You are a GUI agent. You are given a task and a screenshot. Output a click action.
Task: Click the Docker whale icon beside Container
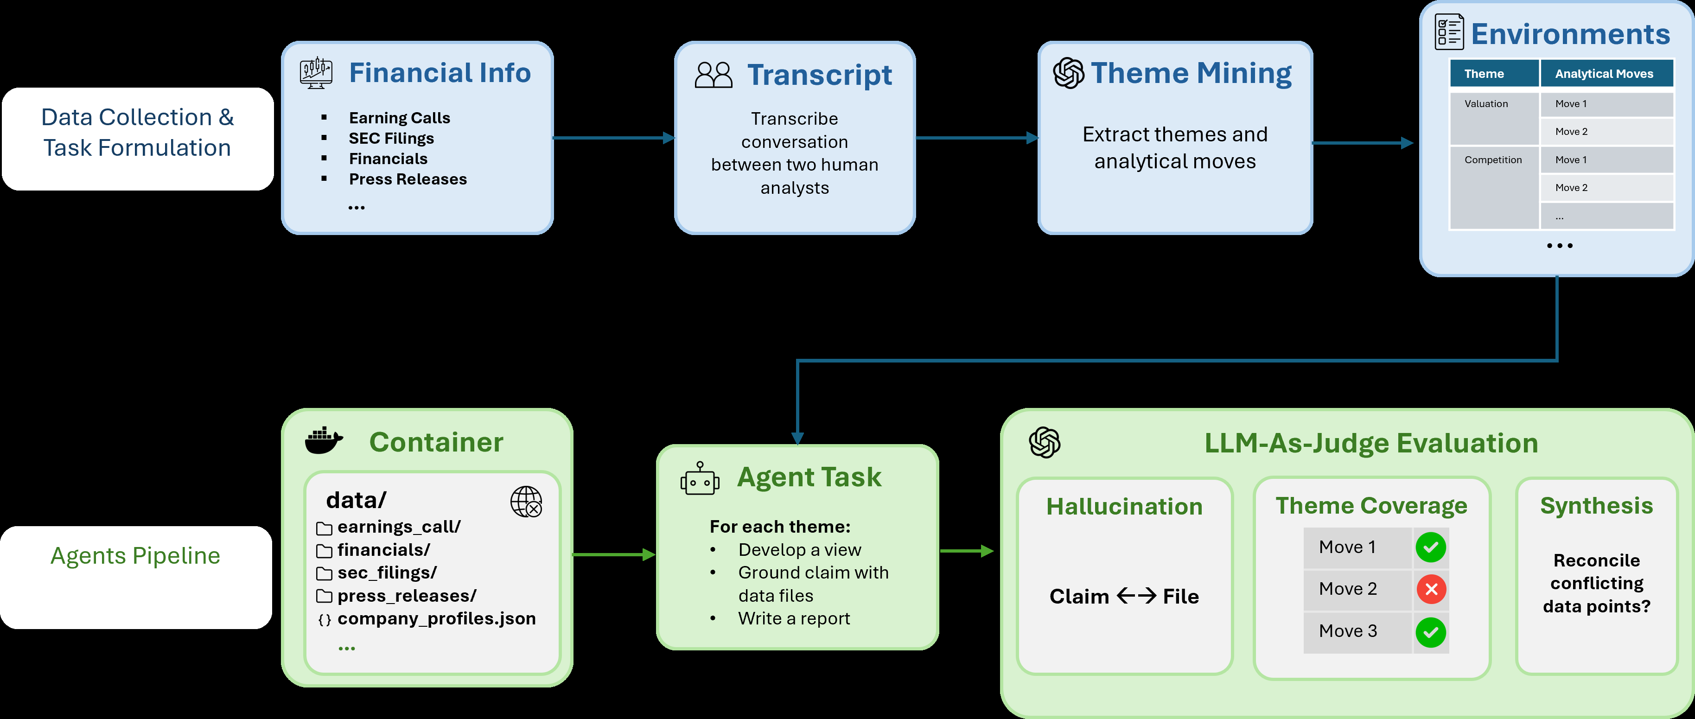(x=324, y=441)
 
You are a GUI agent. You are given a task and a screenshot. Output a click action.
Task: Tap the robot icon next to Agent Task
(x=700, y=478)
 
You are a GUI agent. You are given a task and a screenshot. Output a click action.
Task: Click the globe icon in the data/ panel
(x=526, y=502)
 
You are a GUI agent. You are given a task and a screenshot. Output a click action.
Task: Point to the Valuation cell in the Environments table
(x=1494, y=118)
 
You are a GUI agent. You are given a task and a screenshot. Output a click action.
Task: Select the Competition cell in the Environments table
(x=1494, y=187)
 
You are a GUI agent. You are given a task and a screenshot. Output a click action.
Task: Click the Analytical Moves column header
(x=1606, y=74)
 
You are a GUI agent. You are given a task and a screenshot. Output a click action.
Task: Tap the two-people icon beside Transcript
(x=713, y=75)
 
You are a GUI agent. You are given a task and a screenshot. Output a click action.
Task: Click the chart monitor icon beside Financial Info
(x=316, y=72)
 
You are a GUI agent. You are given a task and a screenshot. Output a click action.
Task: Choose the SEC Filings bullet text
(x=391, y=138)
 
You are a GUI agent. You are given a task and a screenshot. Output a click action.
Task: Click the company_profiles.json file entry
(x=436, y=619)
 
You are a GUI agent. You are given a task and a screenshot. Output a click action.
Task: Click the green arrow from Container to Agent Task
(x=614, y=554)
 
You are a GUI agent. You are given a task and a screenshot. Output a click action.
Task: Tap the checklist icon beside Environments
(x=1449, y=32)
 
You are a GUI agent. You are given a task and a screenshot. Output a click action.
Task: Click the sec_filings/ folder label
(x=387, y=573)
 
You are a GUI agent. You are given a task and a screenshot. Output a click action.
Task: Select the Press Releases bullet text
(x=408, y=179)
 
